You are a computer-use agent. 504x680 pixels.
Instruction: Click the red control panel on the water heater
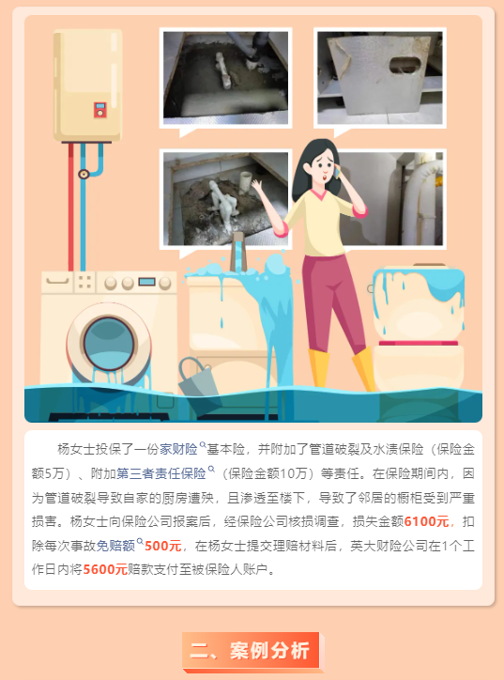pos(100,110)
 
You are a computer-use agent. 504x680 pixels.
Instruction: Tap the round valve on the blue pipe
pos(84,175)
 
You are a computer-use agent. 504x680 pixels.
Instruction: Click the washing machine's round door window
pos(108,345)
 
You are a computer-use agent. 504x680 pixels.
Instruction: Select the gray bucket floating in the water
pos(197,377)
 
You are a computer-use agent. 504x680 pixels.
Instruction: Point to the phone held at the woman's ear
pos(336,172)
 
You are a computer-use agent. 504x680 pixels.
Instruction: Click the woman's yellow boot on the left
pos(318,368)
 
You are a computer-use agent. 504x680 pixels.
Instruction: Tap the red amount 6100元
pos(426,521)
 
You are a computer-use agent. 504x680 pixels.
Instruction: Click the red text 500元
pos(163,545)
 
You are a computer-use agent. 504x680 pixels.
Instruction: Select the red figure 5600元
pos(105,569)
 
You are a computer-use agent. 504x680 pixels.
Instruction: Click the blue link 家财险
pos(178,449)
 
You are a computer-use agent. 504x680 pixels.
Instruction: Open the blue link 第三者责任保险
pos(161,473)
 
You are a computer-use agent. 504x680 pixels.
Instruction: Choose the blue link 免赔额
pos(115,545)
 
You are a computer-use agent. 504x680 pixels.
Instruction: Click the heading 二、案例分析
pos(251,651)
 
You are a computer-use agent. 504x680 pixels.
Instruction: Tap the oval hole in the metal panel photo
pos(405,65)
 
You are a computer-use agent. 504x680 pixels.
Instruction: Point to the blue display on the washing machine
pos(147,282)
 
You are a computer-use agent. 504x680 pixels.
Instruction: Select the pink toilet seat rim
pos(419,343)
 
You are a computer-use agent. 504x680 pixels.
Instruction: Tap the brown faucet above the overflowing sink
pos(237,252)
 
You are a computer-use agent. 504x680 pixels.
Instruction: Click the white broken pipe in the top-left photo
pos(223,70)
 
